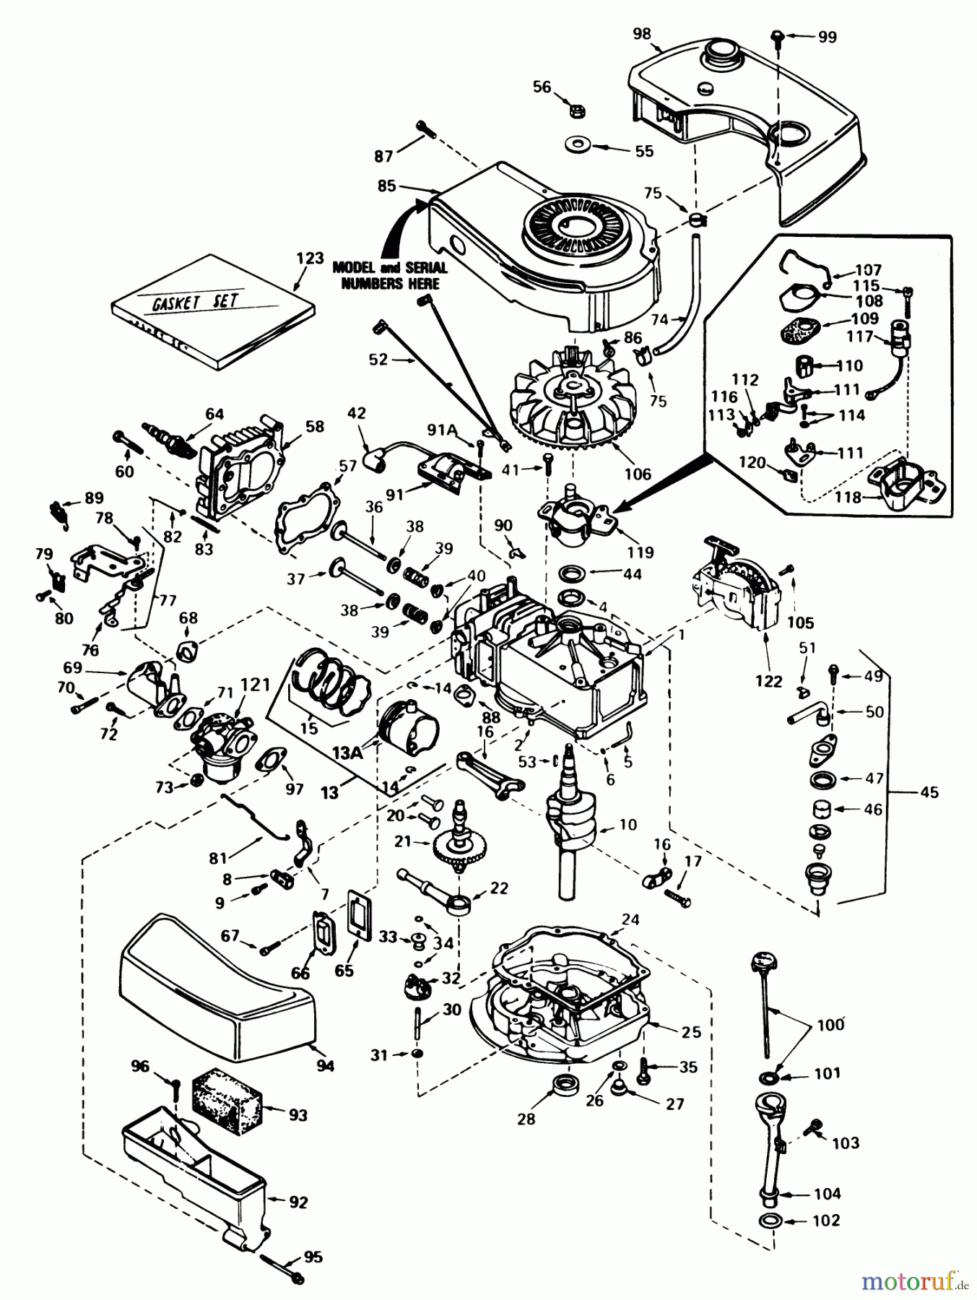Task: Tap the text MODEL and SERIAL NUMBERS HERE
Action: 390,276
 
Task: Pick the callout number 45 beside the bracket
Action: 929,793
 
